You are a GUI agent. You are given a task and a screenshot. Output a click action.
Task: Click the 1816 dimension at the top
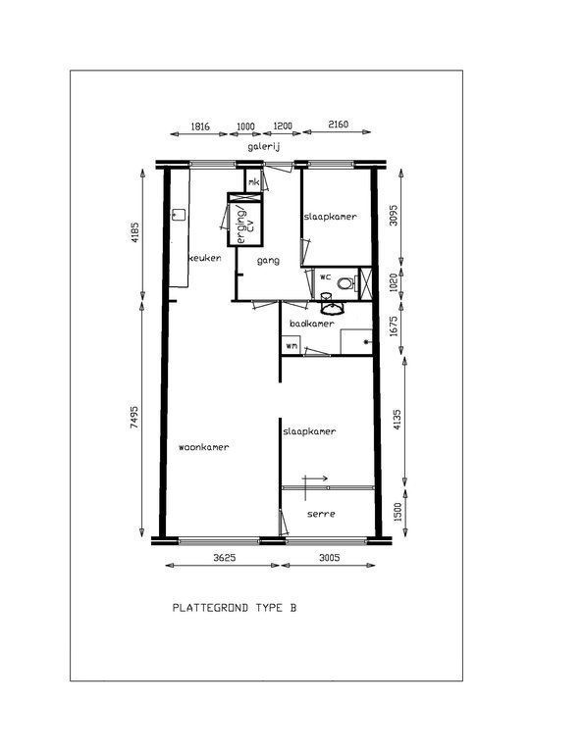pos(200,126)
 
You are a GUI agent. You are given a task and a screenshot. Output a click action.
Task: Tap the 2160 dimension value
pos(338,125)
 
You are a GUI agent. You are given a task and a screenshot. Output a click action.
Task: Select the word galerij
pos(264,146)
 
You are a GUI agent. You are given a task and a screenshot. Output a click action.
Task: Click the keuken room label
pos(205,258)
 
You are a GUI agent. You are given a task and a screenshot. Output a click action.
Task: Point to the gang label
pos(268,261)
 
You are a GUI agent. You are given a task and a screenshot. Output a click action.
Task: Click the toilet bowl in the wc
pos(345,283)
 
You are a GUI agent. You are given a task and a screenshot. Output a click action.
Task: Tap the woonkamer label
pos(204,447)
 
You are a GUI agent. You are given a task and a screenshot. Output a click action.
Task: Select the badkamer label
pos(311,324)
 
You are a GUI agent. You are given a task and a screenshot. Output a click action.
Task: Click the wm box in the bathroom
pos(291,346)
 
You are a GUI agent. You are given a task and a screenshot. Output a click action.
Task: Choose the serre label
pos(321,514)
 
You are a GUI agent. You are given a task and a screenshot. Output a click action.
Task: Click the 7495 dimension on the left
pos(134,418)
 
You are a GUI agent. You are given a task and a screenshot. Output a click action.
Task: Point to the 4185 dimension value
pos(134,232)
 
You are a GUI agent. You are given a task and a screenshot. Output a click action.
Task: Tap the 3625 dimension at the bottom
pos(225,558)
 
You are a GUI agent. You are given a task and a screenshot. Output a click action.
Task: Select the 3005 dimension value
pos(329,558)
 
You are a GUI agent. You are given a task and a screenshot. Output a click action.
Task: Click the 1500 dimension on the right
pos(397,512)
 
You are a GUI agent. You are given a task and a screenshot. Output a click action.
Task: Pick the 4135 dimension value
pos(397,420)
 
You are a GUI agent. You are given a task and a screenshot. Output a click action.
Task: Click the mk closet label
pos(254,182)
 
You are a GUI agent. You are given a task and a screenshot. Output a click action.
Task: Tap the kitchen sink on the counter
pos(180,214)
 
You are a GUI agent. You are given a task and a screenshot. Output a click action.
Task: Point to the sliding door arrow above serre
pos(316,478)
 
